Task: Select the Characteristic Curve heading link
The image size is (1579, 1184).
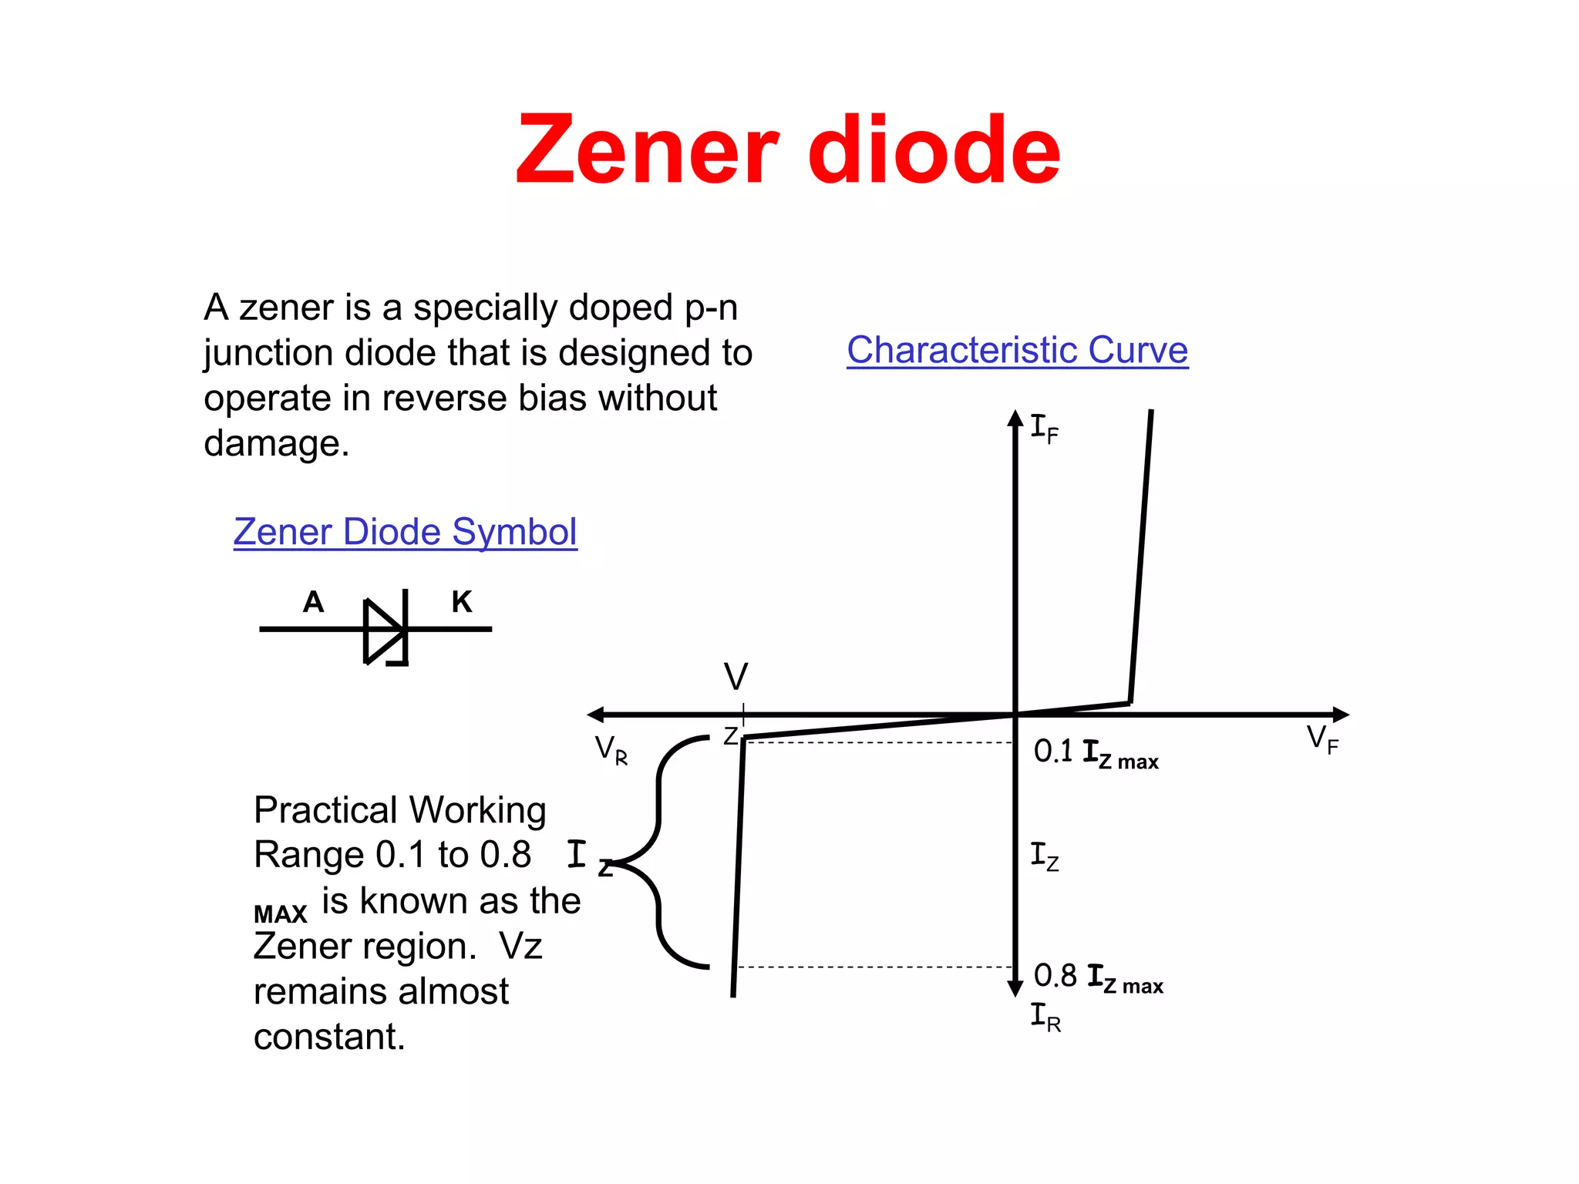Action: [1017, 350]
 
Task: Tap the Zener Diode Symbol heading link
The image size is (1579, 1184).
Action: [405, 532]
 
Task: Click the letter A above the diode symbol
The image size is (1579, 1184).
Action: [313, 602]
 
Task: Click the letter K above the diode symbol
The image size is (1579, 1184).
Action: [462, 602]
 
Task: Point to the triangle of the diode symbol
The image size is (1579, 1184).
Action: [382, 631]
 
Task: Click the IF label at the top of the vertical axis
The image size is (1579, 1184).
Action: [1045, 429]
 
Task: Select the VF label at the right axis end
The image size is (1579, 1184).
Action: [1322, 740]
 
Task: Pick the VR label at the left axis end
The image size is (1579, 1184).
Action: [611, 749]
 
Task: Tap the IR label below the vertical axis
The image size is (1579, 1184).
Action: [1045, 1017]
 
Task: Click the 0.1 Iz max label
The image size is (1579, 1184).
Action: [1096, 753]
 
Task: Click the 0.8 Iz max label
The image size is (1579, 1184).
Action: [1098, 977]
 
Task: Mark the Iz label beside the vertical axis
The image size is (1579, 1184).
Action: [1045, 856]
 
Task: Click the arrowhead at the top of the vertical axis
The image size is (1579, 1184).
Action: [1015, 419]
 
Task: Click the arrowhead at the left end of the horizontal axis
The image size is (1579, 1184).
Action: [596, 715]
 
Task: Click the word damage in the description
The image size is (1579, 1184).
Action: [276, 443]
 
